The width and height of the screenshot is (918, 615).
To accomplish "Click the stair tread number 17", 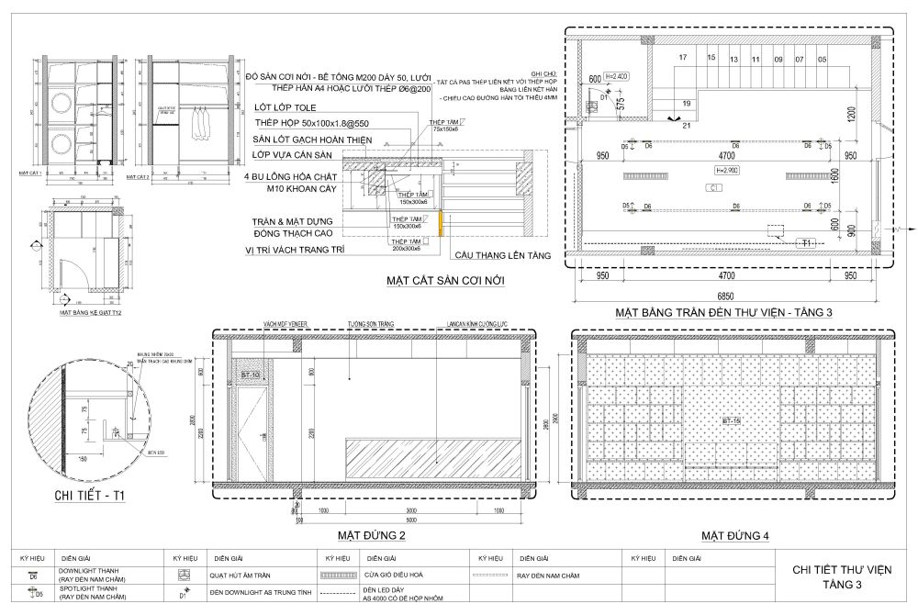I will [x=682, y=58].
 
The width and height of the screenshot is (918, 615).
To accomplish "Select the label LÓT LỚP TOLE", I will [x=282, y=106].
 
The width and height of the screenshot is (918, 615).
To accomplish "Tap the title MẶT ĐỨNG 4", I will [x=734, y=535].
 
